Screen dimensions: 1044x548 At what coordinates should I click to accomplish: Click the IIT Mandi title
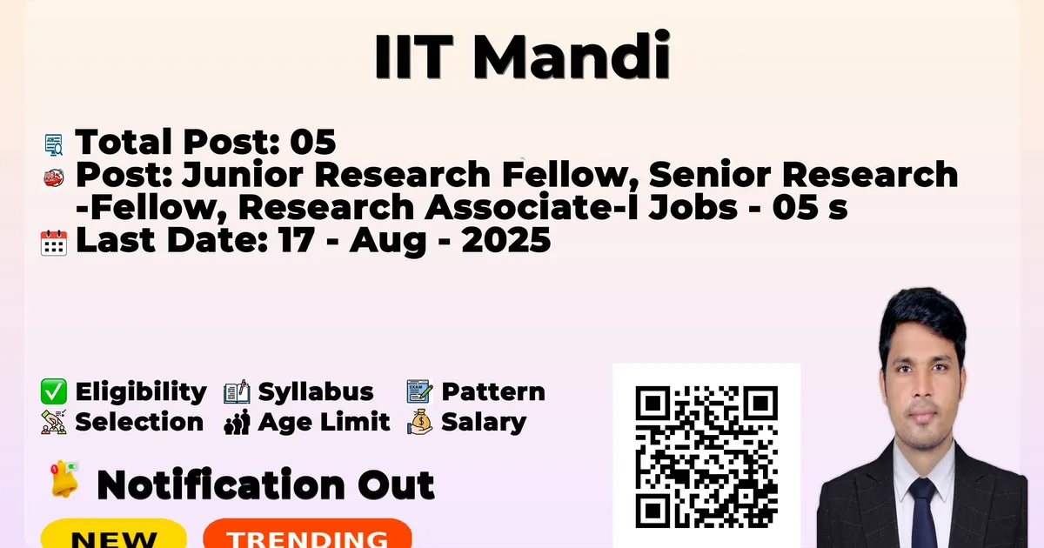523,56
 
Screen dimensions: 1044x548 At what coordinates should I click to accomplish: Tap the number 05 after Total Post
312,142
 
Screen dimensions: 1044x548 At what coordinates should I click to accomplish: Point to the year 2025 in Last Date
506,240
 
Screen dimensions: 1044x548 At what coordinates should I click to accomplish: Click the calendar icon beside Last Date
54,243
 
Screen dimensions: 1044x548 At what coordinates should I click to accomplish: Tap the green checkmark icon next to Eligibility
54,391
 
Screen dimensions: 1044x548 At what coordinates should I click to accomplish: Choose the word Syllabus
316,392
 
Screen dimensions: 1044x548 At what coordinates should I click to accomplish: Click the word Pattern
493,391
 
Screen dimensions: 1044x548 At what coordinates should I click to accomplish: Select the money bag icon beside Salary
420,422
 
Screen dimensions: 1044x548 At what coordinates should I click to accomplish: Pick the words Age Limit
324,422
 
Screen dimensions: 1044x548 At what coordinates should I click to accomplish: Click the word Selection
139,422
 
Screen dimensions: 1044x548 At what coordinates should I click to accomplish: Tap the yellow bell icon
64,479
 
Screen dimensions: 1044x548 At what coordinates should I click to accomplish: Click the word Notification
221,485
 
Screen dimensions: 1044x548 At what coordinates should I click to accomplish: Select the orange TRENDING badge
308,533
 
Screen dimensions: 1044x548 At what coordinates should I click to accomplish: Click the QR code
706,457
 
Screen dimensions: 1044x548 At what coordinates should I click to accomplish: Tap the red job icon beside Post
54,177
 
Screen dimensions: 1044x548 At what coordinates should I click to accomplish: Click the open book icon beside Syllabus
237,392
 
